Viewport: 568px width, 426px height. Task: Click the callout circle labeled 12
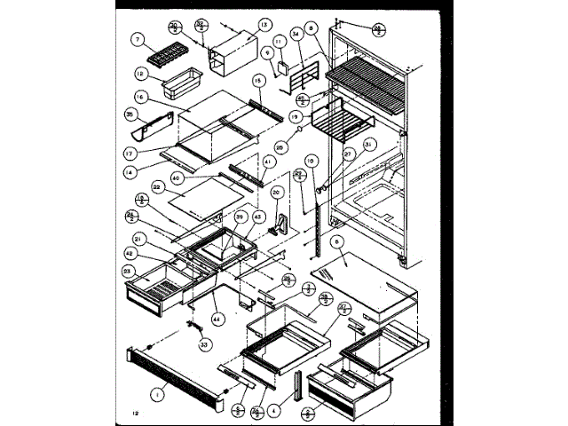(140, 75)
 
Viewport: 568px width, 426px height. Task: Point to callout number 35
(130, 114)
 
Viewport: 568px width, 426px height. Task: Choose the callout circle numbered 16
(140, 97)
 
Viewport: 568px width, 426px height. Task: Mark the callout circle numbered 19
(296, 116)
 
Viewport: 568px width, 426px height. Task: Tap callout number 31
(369, 144)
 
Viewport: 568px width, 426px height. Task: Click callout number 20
(276, 192)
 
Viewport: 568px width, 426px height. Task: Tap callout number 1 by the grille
(157, 393)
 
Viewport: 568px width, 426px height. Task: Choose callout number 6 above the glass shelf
(336, 241)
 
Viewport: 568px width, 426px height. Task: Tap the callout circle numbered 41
(268, 163)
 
